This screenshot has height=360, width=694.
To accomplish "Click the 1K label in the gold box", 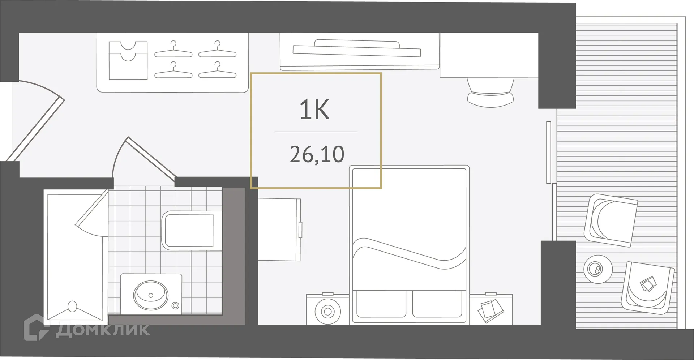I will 314,110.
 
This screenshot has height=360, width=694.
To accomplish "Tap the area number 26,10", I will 317,155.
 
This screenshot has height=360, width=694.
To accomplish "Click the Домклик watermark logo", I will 87,329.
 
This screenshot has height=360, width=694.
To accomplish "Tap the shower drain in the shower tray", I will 72,307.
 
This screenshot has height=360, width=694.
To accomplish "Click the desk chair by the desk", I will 490,92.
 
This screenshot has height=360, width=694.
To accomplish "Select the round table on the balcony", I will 598,269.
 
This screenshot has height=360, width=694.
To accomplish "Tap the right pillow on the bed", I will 437,304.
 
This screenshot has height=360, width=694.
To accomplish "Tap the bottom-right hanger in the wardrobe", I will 217,71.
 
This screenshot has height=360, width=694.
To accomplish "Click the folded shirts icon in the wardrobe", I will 128,60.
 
